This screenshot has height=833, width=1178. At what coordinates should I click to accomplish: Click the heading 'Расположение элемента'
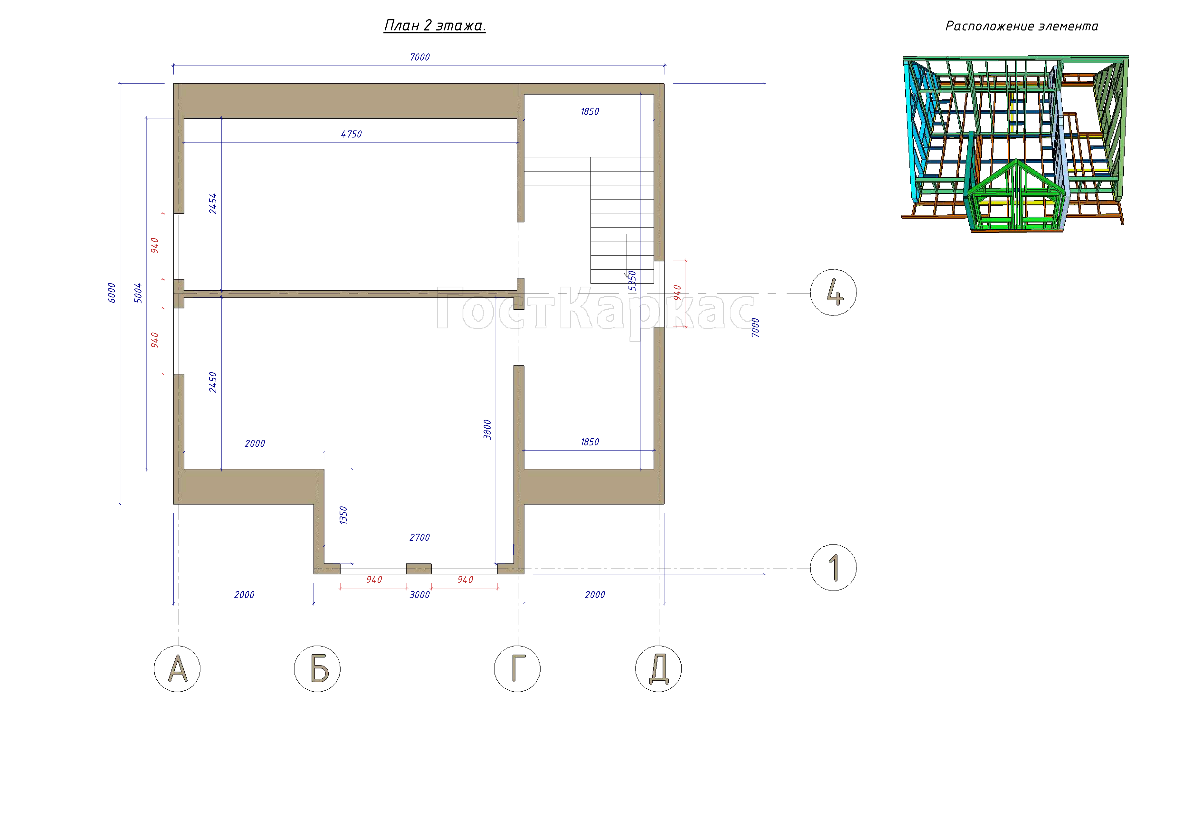click(1022, 26)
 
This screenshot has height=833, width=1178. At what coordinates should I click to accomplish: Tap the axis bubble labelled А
click(177, 669)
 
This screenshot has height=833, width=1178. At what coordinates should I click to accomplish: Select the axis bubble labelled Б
click(317, 669)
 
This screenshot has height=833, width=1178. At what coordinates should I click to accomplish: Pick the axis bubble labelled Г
click(517, 669)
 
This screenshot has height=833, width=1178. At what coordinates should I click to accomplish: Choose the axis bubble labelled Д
click(658, 669)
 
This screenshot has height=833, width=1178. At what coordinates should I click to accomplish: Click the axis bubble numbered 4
click(833, 292)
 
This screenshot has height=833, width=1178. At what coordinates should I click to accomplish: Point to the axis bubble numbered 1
click(833, 567)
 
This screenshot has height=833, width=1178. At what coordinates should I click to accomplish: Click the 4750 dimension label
click(351, 134)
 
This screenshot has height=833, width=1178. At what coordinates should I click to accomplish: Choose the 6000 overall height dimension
click(111, 293)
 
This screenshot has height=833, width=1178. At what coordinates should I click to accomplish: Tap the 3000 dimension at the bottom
click(420, 595)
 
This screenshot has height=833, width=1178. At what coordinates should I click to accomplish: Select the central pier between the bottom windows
click(419, 568)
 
